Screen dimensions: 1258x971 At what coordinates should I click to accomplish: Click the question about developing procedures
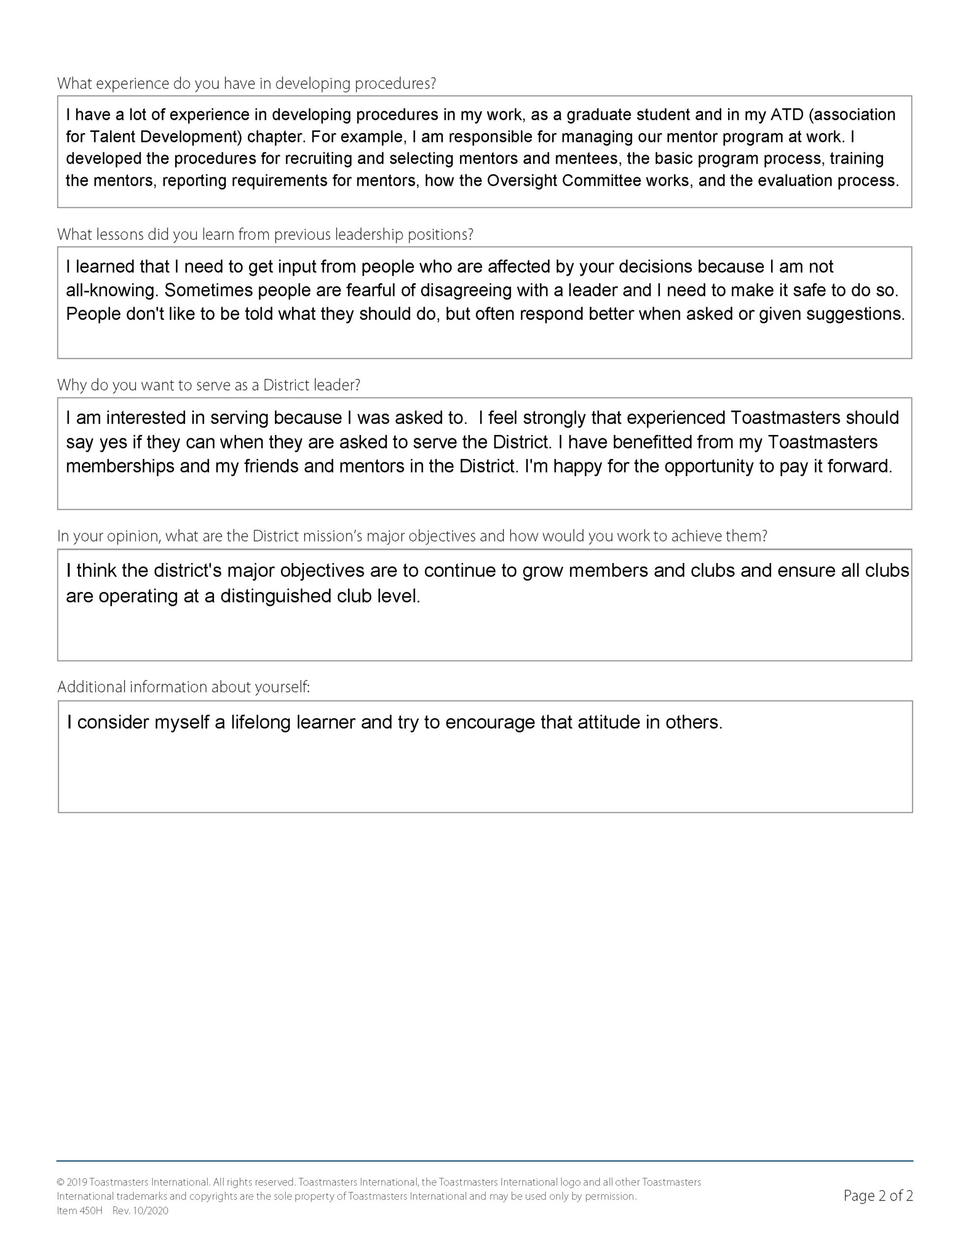246,84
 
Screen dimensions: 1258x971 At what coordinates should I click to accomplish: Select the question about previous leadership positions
265,235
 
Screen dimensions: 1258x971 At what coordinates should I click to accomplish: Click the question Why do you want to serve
208,385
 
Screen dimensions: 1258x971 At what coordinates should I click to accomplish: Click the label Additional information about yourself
184,687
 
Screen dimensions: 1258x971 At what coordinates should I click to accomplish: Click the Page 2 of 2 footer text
878,1197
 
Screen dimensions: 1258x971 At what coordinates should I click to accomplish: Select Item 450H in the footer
80,1211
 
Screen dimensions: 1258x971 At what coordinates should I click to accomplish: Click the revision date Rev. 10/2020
140,1211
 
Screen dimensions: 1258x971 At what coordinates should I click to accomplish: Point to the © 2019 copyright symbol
60,1182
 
